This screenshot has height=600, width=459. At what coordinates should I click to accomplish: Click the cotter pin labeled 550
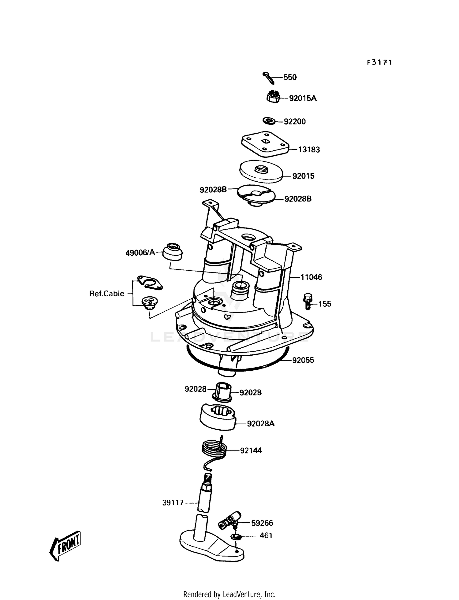[268, 77]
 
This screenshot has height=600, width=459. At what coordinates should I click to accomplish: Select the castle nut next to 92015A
[272, 97]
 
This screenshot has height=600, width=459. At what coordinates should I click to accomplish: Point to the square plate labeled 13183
[265, 144]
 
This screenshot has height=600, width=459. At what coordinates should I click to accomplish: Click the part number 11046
[311, 277]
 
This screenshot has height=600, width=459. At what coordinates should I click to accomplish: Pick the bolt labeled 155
[308, 301]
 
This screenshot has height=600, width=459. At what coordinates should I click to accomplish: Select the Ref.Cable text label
[107, 294]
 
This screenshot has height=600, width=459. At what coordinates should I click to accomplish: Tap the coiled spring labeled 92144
[215, 450]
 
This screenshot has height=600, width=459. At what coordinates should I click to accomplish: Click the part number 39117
[173, 502]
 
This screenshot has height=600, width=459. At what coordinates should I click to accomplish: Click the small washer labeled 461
[236, 536]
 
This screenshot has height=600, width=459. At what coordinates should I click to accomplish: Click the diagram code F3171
[379, 62]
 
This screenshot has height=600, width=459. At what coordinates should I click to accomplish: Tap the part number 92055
[303, 360]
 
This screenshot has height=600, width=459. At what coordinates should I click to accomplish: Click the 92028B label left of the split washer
[213, 190]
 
